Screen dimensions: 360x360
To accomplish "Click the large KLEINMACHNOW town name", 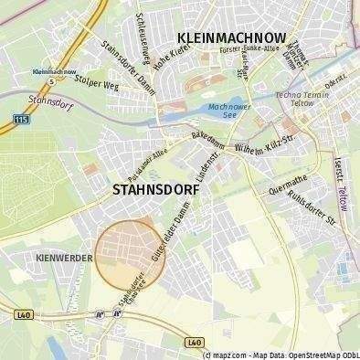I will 231,37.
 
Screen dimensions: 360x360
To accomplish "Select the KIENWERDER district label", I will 64,259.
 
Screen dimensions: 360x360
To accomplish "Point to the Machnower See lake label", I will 225,112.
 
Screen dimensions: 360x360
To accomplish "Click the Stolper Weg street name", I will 98,86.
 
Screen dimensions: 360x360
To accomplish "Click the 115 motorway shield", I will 20,119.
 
